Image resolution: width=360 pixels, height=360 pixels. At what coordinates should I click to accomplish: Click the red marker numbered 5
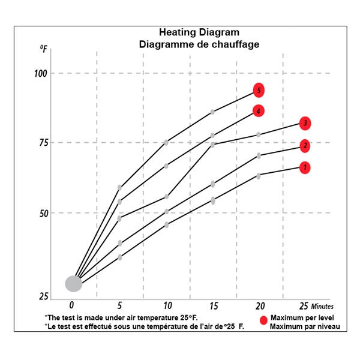[259, 91]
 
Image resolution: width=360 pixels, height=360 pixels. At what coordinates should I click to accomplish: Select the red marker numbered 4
[258, 111]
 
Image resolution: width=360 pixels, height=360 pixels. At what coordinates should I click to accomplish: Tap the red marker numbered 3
[305, 124]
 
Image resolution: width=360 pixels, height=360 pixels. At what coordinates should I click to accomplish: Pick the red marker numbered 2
[305, 145]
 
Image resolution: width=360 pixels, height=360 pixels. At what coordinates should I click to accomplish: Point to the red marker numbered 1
[305, 167]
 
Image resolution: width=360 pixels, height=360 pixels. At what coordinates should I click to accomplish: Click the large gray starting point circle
[73, 283]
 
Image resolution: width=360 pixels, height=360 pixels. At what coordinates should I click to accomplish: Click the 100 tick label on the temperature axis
[41, 73]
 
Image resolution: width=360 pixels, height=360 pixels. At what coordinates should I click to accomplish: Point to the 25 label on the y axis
[43, 296]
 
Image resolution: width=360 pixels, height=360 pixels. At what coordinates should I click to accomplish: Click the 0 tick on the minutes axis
[72, 305]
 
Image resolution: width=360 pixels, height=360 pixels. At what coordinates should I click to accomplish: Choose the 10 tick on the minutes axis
[167, 305]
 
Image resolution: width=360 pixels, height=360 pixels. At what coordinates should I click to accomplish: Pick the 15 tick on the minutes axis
[213, 305]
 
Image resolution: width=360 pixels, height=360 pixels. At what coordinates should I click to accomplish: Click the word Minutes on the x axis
[322, 306]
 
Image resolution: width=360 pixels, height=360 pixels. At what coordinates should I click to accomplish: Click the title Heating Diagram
[199, 32]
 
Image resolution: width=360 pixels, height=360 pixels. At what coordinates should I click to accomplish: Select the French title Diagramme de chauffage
[199, 44]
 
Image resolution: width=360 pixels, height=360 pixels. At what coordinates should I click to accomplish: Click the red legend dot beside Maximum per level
[263, 321]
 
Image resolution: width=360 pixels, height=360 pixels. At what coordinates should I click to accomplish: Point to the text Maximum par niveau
[305, 326]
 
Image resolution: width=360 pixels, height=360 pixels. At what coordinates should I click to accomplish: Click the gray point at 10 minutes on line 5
[166, 142]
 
